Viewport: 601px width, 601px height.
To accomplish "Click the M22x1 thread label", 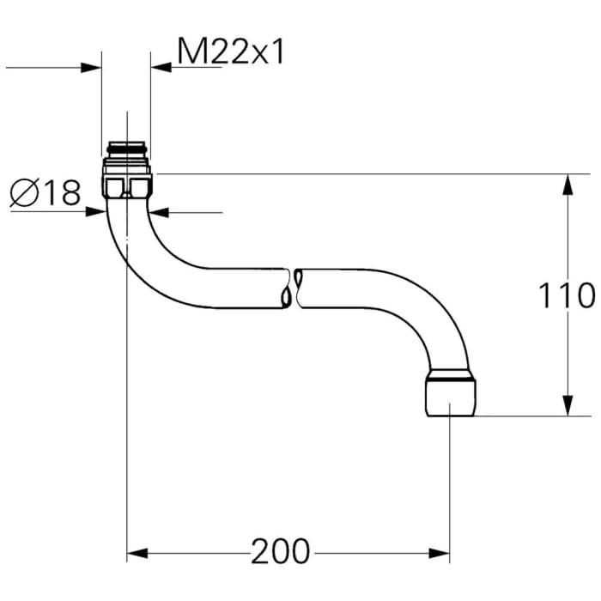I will (x=230, y=53).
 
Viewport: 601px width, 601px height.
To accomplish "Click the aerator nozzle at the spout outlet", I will (x=450, y=396).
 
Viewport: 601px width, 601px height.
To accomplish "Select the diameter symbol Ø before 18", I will (x=24, y=193).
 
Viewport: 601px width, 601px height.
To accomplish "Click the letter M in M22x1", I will (x=191, y=53).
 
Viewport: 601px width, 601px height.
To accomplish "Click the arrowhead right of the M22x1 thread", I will (x=161, y=67).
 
